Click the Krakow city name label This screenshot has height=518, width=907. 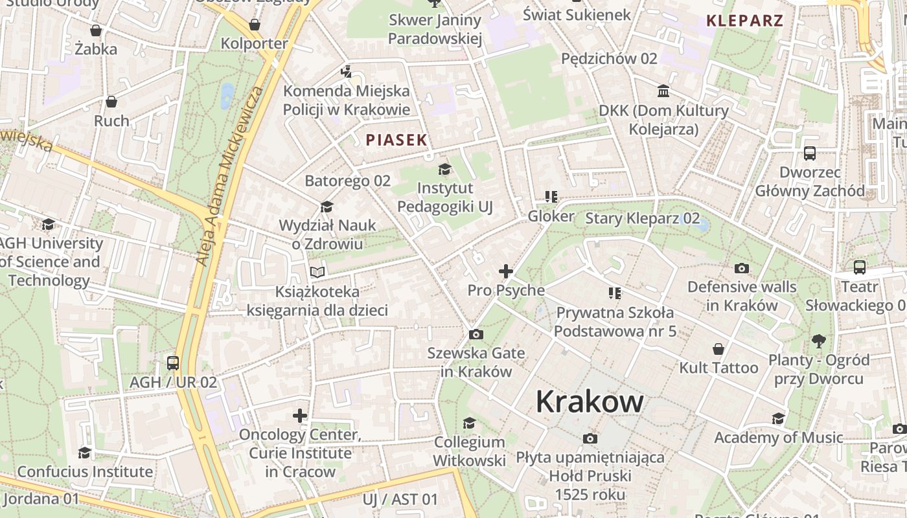[x=590, y=401]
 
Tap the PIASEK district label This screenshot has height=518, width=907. [x=396, y=140]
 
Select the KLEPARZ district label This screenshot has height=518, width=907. [x=744, y=20]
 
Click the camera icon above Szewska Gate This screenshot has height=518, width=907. [x=476, y=334]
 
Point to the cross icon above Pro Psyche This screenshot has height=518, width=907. [x=506, y=271]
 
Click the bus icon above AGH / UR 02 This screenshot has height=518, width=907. [x=172, y=363]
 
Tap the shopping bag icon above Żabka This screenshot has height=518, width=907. [x=96, y=30]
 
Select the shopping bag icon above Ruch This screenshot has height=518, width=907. [x=111, y=102]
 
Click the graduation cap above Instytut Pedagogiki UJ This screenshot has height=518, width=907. [x=444, y=170]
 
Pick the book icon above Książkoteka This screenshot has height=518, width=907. [x=317, y=273]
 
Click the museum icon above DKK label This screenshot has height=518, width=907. [x=663, y=91]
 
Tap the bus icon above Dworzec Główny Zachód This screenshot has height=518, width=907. [x=810, y=153]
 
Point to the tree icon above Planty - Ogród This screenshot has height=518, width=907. [x=819, y=341]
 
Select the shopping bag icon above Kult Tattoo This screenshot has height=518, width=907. [x=718, y=349]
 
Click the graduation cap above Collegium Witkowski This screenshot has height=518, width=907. [x=469, y=423]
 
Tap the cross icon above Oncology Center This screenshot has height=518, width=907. [x=299, y=415]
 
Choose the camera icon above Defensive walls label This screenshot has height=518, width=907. [x=742, y=268]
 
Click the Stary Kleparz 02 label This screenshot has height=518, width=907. [x=642, y=218]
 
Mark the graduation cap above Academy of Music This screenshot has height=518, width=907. [x=778, y=419]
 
